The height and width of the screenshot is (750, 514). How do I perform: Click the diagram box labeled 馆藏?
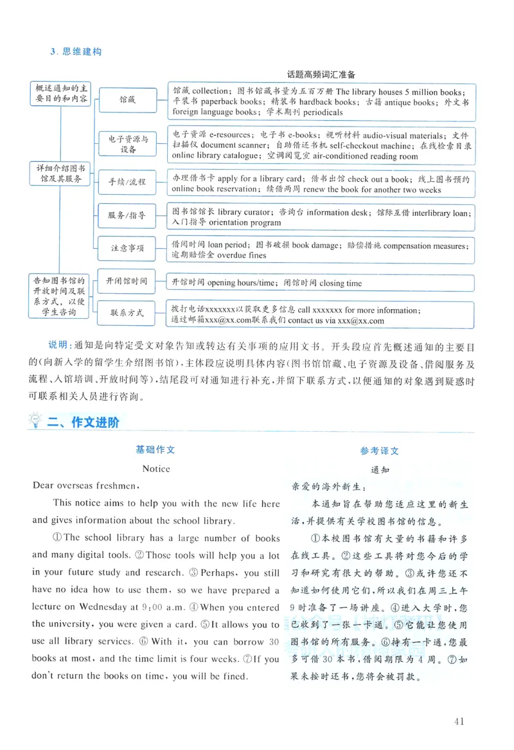coord(127,100)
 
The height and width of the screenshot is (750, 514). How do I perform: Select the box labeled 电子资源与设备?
coord(127,144)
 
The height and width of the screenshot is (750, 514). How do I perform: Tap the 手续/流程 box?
coord(127,182)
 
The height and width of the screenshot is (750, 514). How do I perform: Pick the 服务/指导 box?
coord(127,215)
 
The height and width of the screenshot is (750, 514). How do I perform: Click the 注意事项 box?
coord(127,247)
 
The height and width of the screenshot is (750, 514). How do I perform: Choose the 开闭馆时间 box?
coord(127,281)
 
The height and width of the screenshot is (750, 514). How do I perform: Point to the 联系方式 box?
coord(127,313)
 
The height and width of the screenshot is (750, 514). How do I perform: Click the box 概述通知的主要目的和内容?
coord(61,93)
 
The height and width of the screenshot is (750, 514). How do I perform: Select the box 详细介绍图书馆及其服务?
coord(61,174)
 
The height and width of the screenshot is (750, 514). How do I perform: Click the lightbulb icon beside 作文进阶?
coord(36,422)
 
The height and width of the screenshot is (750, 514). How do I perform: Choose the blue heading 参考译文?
coord(379,451)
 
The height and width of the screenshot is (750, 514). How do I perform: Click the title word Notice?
coord(156,469)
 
